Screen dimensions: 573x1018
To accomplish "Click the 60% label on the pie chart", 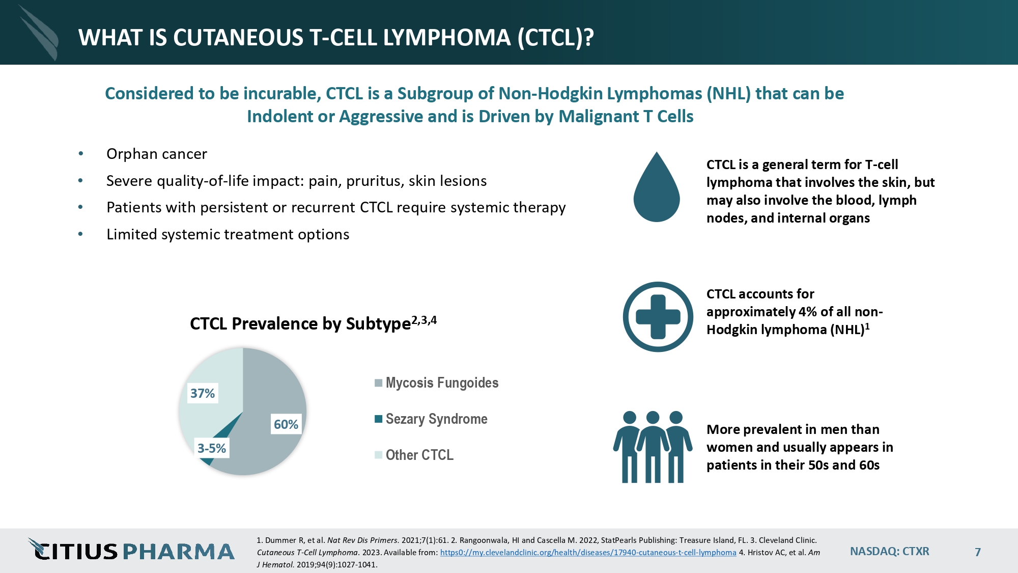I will coord(286,424).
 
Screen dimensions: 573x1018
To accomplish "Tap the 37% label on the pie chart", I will coord(203,393).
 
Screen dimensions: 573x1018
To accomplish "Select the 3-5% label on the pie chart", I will coord(212,448).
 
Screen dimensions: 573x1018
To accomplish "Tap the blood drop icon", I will coord(657,188).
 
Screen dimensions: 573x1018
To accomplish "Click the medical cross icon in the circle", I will coord(658,317).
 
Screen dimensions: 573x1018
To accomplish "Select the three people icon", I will coord(653,447).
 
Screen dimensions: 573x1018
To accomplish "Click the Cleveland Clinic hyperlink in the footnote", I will coord(588,553).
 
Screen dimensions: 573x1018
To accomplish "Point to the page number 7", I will coord(977,552).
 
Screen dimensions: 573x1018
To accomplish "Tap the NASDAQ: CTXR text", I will coord(889,552).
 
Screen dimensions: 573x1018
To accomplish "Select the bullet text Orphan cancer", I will coord(156,154).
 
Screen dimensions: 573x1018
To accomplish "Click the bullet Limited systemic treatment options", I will coord(228,234).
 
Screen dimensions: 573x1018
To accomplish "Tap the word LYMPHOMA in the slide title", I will coord(447,38).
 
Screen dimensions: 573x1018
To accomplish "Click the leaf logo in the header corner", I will coord(40,34).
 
